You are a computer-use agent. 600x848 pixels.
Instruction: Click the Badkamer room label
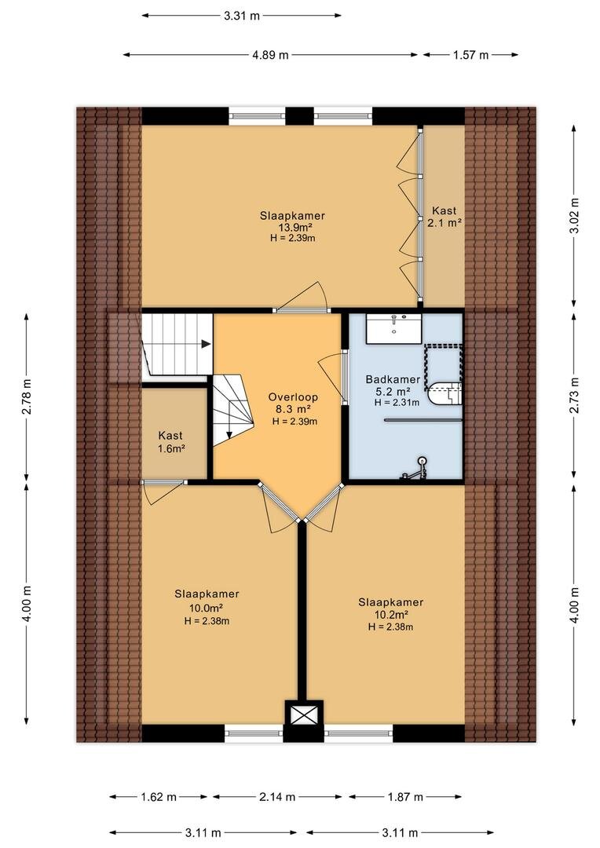click(x=393, y=379)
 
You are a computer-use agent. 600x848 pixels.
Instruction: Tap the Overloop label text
click(x=293, y=397)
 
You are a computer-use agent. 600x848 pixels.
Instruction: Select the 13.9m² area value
click(x=292, y=228)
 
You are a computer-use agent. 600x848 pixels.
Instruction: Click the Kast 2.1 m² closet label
click(x=445, y=217)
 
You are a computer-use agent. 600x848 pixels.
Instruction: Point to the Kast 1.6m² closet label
click(x=170, y=441)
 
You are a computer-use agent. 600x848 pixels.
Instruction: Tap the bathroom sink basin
click(x=394, y=329)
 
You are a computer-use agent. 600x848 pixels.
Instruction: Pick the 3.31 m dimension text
click(x=242, y=16)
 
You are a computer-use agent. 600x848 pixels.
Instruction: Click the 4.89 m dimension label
click(x=270, y=55)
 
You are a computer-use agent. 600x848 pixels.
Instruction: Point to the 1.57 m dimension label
click(x=470, y=55)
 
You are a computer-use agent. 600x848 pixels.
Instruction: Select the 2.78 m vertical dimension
click(x=27, y=397)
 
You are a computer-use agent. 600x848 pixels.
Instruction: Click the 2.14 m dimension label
click(x=277, y=797)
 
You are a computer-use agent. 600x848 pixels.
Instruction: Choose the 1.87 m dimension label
click(x=404, y=797)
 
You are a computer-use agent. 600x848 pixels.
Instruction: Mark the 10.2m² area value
click(x=390, y=614)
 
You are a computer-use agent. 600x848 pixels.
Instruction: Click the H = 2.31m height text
click(x=397, y=402)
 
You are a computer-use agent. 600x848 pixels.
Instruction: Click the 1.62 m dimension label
click(x=159, y=797)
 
